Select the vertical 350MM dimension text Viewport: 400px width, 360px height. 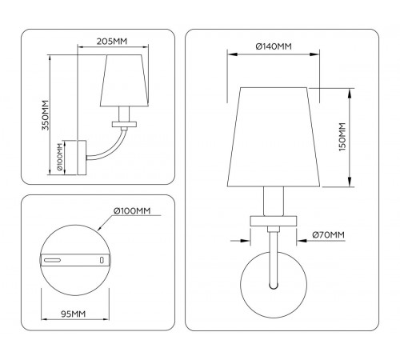(46, 114)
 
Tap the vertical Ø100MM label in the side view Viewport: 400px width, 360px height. (61, 158)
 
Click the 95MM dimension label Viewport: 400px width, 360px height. (73, 314)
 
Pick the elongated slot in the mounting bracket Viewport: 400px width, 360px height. (55, 260)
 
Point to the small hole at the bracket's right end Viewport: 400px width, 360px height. (102, 260)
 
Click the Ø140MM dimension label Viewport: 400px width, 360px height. (273, 46)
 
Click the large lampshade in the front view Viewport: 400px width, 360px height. (273, 136)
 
